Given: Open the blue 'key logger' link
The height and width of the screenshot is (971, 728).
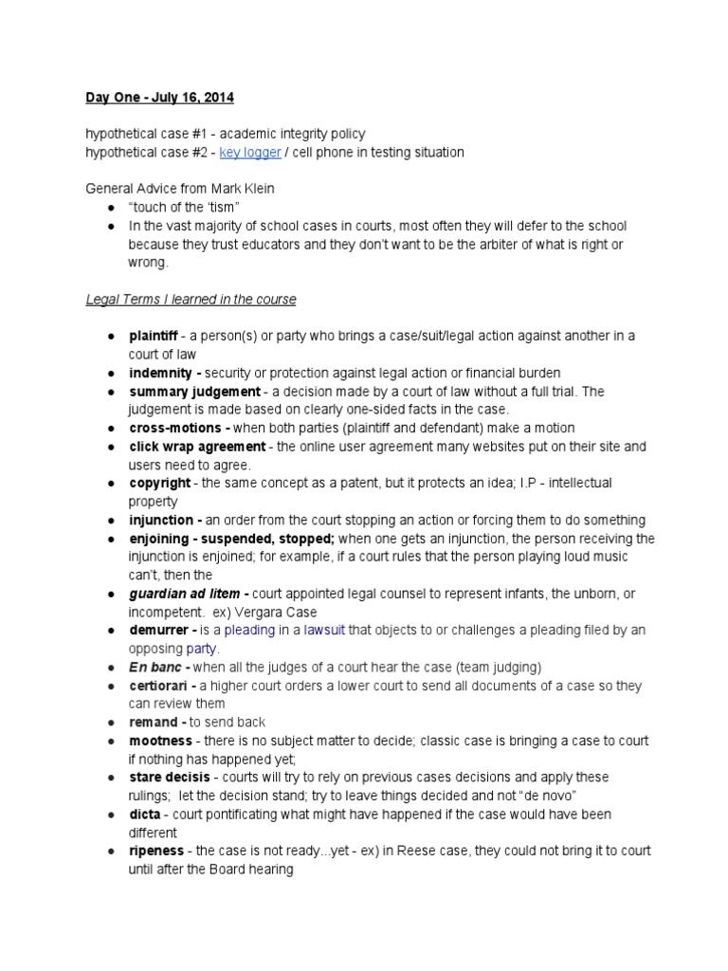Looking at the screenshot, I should [250, 153].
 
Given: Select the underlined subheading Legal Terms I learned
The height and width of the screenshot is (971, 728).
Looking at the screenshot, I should [191, 300].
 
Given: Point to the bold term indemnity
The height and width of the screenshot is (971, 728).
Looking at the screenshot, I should [163, 373].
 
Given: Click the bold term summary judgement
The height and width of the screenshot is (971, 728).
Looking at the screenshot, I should [195, 392].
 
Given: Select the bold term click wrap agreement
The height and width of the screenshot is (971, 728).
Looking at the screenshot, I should [197, 447].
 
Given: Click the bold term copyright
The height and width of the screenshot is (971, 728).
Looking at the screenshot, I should [159, 484].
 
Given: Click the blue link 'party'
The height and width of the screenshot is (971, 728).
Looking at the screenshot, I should [201, 650].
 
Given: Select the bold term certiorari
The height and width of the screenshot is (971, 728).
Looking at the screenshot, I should [161, 686].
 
